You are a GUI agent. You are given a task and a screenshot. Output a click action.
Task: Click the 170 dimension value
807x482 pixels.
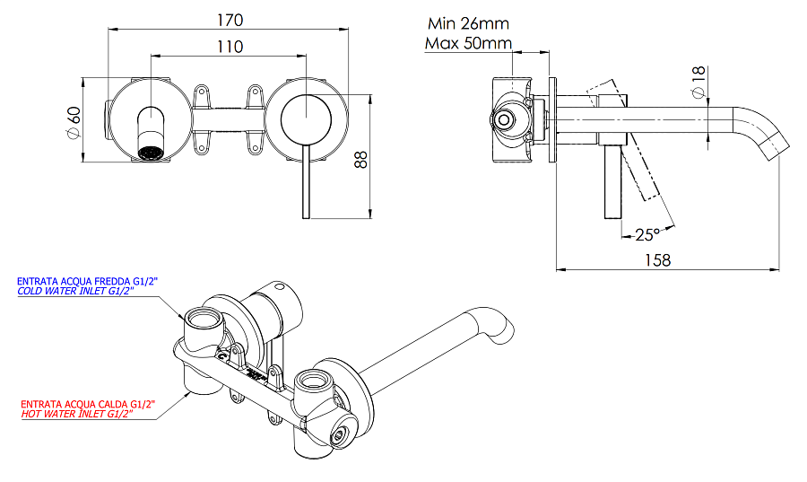tap(230, 18)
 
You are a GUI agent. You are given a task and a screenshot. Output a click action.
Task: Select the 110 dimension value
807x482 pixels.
tap(230, 48)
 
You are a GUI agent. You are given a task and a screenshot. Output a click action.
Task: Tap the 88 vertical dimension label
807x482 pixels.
tap(360, 159)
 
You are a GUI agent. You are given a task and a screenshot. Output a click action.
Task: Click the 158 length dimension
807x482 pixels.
tap(658, 259)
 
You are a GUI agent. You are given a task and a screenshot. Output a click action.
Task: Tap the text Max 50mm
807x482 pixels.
tap(468, 43)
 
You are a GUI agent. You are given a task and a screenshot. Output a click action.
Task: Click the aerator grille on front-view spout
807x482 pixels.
tap(152, 152)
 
